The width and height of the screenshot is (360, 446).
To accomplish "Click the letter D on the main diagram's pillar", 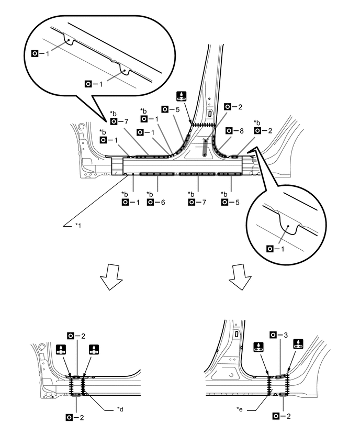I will coord(210,113).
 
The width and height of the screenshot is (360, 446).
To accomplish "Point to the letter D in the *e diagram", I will coord(237,333).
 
